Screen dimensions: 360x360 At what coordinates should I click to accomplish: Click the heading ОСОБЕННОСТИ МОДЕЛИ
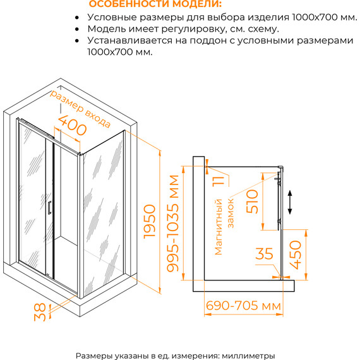pos(155,4)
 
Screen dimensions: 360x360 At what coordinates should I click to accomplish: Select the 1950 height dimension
pos(150,222)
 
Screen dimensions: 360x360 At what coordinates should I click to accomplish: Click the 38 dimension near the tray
pos(40,312)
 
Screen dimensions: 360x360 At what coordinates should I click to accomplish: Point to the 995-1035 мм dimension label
pos(172,224)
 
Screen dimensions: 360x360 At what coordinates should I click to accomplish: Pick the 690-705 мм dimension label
pos(243,306)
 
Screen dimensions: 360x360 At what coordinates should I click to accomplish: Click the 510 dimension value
pos(252,201)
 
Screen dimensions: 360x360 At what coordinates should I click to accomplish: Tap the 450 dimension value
pos(295,255)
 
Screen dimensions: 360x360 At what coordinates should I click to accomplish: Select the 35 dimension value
pos(264,254)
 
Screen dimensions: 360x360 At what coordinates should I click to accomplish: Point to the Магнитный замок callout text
pos(224,227)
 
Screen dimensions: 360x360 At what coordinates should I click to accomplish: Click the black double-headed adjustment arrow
pos(290,202)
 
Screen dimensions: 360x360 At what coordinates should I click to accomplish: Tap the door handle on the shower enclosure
pos(49,208)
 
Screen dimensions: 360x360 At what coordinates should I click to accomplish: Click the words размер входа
pos(80,109)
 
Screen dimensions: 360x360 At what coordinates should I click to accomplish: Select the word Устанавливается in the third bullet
pos(129,40)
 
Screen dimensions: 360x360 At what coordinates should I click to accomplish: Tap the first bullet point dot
pos(77,18)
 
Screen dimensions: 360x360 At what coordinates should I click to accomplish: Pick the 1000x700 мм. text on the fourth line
pos(120,52)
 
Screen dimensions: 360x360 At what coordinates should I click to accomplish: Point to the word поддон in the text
pos(209,41)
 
